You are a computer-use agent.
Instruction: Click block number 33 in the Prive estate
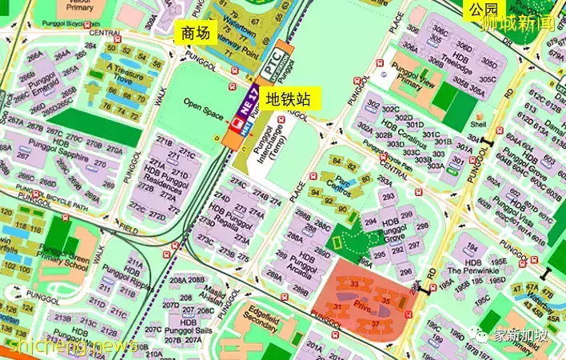point(353,284)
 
